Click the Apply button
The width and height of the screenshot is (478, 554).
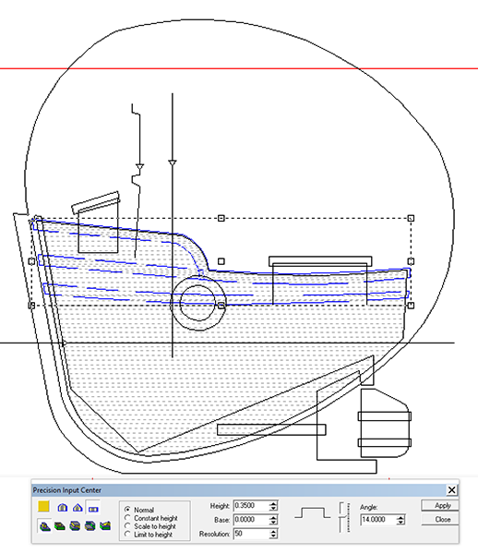[x=440, y=506]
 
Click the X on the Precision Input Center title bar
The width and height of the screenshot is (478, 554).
[x=451, y=490]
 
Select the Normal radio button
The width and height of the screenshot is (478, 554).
[x=127, y=510]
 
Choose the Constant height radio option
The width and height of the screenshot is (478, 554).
[x=127, y=518]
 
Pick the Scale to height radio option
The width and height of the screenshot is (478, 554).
[x=127, y=526]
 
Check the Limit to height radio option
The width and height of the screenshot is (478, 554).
[x=127, y=535]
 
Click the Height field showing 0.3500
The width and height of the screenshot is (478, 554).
[x=251, y=506]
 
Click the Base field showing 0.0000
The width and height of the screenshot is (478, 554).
[x=251, y=520]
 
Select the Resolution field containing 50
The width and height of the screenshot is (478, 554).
[x=251, y=534]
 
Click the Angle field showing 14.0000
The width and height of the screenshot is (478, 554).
[x=377, y=520]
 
